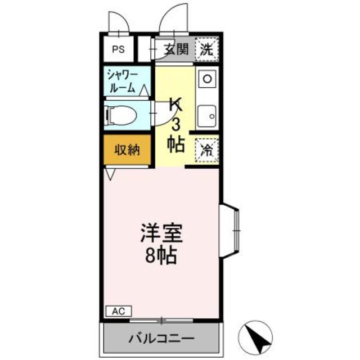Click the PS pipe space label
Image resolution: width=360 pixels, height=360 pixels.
coord(118,49)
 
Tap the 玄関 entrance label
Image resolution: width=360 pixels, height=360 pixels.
coord(176,48)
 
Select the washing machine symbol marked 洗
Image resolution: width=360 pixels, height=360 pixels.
coord(207,48)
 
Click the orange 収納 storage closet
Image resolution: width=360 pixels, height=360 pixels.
coord(127,150)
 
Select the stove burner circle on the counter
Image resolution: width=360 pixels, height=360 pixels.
coord(207,78)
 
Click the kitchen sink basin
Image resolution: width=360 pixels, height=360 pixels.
coord(208,115)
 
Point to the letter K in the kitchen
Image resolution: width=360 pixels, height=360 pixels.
coord(176,104)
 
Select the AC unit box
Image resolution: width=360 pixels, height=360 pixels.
coord(118,310)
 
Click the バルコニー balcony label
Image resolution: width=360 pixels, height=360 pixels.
coord(161,339)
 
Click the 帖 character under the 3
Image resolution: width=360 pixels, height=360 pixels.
coord(176,144)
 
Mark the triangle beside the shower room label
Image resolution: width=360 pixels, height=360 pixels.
coord(145,90)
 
